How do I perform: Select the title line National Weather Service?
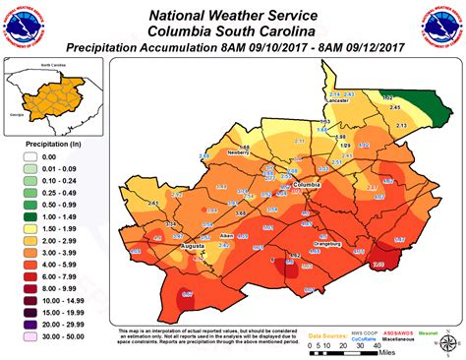232,14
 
